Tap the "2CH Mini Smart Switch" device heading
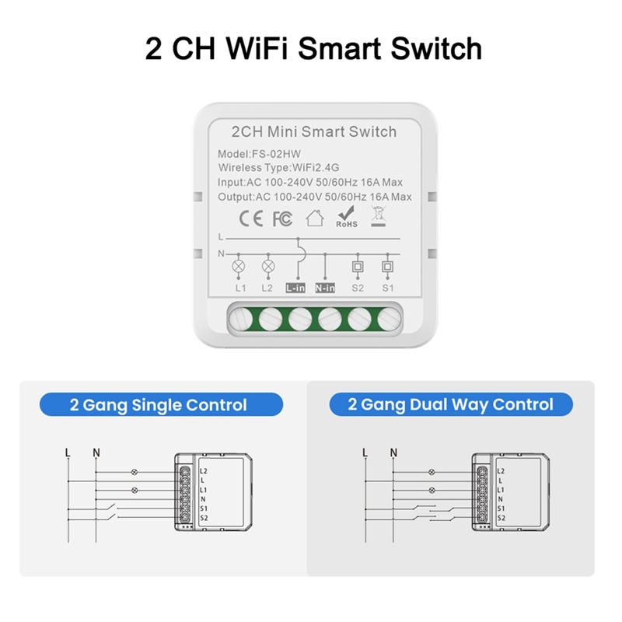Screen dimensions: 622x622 point(314,131)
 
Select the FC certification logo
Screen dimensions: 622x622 point(281,219)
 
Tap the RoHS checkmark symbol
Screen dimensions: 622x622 point(347,217)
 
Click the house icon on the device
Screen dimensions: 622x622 point(315,218)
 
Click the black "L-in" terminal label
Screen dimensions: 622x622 point(295,288)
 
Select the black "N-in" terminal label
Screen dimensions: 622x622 point(326,288)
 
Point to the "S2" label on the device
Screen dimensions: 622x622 point(358,288)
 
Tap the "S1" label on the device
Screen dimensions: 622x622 point(387,288)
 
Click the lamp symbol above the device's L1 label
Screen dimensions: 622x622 point(239,266)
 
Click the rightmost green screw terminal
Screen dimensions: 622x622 point(386,318)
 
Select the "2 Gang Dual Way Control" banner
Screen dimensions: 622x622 point(451,404)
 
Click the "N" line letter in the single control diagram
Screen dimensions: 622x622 point(95,452)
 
